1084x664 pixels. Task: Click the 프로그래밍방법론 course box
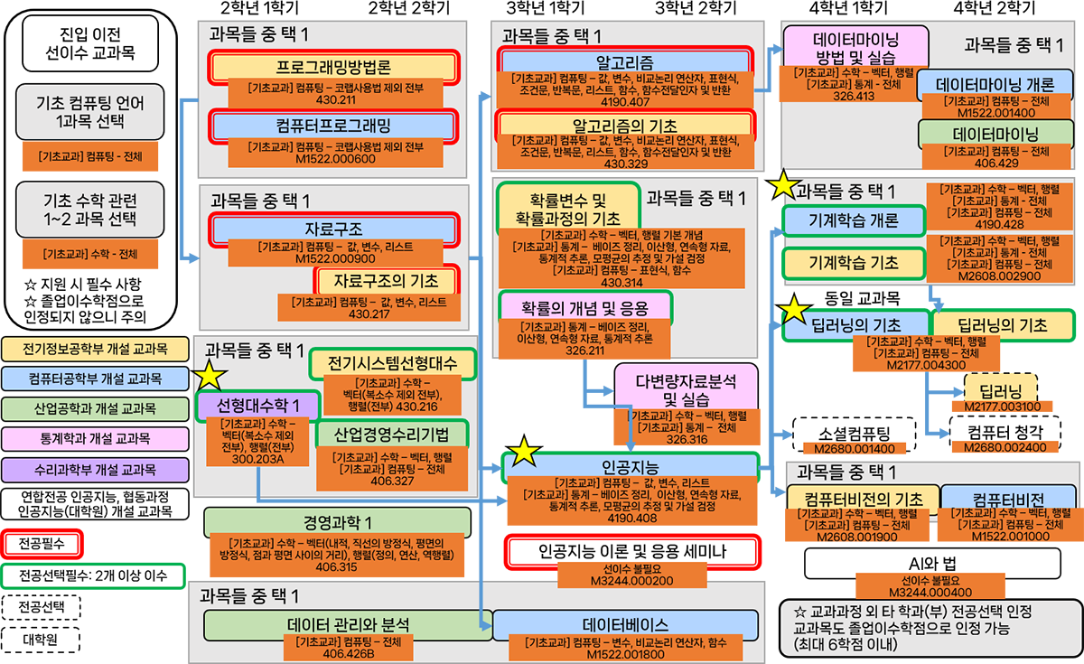[x=334, y=68]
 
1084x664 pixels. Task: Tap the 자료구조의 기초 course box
[x=387, y=279]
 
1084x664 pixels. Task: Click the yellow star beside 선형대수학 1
[x=211, y=375]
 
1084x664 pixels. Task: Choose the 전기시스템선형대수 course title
[x=391, y=364]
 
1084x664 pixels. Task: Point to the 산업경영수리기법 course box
[x=391, y=434]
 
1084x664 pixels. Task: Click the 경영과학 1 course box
[x=337, y=522]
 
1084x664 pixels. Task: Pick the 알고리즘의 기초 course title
[x=625, y=125]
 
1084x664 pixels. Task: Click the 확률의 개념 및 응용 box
[x=585, y=306]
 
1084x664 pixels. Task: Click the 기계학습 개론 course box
[x=840, y=220]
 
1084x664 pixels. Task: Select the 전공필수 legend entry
[x=42, y=543]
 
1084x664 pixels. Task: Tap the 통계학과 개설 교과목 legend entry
[x=89, y=438]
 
